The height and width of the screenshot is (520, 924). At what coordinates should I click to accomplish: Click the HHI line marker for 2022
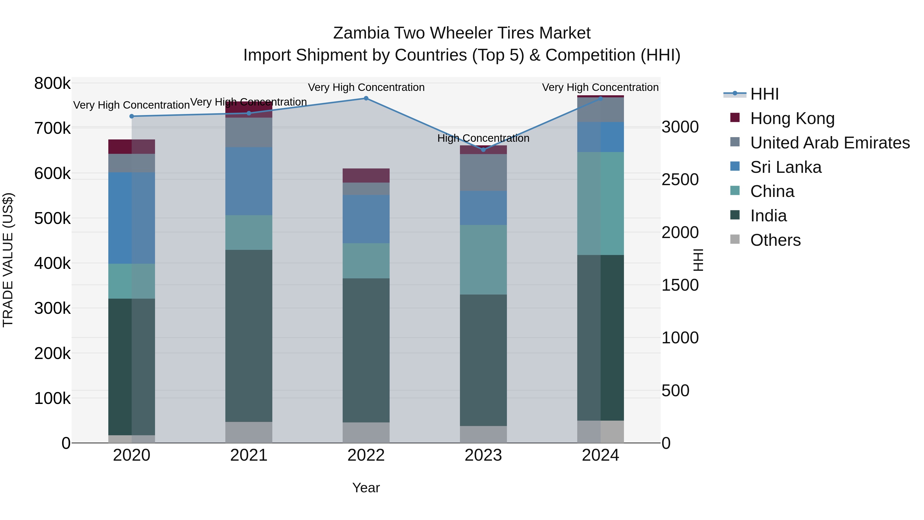click(x=366, y=98)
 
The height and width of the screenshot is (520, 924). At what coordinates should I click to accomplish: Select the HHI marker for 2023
click(x=483, y=150)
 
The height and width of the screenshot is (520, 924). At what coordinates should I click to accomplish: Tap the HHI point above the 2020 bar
click(x=132, y=116)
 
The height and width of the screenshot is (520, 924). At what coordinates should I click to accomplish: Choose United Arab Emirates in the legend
click(x=830, y=143)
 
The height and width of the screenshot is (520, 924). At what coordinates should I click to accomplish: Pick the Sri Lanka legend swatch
click(x=735, y=166)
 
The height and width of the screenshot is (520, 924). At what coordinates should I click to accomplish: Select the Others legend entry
click(x=775, y=240)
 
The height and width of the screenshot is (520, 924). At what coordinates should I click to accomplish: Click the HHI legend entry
click(x=764, y=94)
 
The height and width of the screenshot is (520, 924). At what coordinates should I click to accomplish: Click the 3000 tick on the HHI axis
click(x=680, y=127)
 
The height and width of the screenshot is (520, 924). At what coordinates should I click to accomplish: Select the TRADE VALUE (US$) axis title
click(x=8, y=260)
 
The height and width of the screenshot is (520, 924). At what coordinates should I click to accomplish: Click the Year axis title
click(x=366, y=488)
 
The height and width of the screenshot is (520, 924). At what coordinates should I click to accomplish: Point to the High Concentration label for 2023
click(x=483, y=138)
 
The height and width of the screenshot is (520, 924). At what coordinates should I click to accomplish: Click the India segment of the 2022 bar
click(x=366, y=350)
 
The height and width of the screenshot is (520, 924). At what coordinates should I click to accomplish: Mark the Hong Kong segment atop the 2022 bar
click(x=366, y=175)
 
